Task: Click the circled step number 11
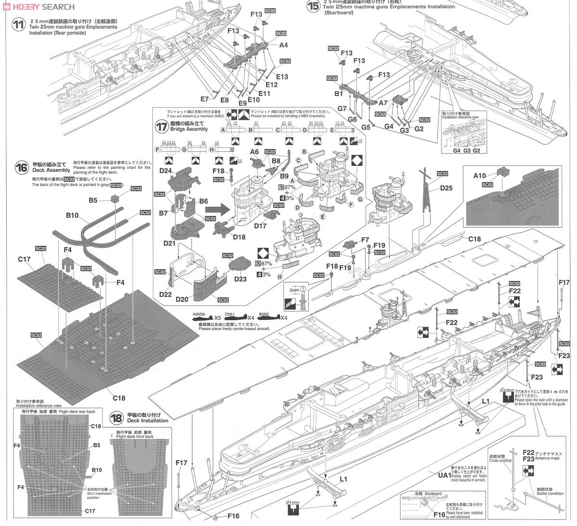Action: (18, 25)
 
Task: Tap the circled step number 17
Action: (159, 126)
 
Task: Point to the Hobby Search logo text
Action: (38, 7)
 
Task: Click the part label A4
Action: (284, 45)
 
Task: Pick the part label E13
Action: (282, 77)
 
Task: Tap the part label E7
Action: (205, 99)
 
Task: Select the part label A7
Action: (383, 103)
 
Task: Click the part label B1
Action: (339, 94)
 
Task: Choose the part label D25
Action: (446, 188)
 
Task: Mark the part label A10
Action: (480, 175)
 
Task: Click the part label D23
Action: (240, 278)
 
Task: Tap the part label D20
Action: (182, 299)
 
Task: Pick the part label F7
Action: (365, 239)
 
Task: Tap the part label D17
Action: (260, 226)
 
